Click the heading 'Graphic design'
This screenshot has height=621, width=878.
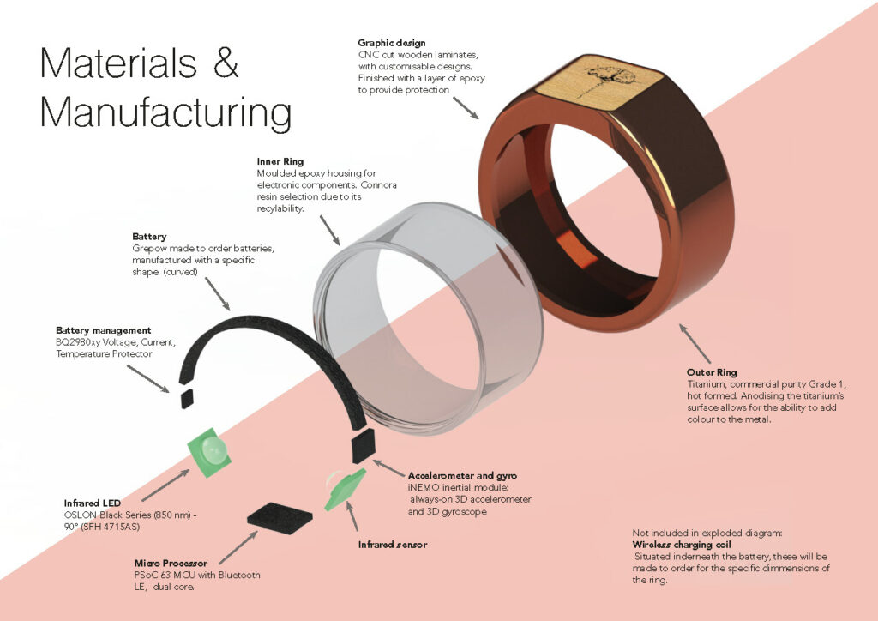coord(392,43)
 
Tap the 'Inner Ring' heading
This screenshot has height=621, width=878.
coord(280,160)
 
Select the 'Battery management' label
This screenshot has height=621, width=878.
coord(104,330)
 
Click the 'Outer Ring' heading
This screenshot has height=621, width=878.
coord(712,372)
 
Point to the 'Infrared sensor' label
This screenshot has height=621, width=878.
coord(392,545)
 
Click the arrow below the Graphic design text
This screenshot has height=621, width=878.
coord(466,107)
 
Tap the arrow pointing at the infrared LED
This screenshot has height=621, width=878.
coord(165,485)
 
